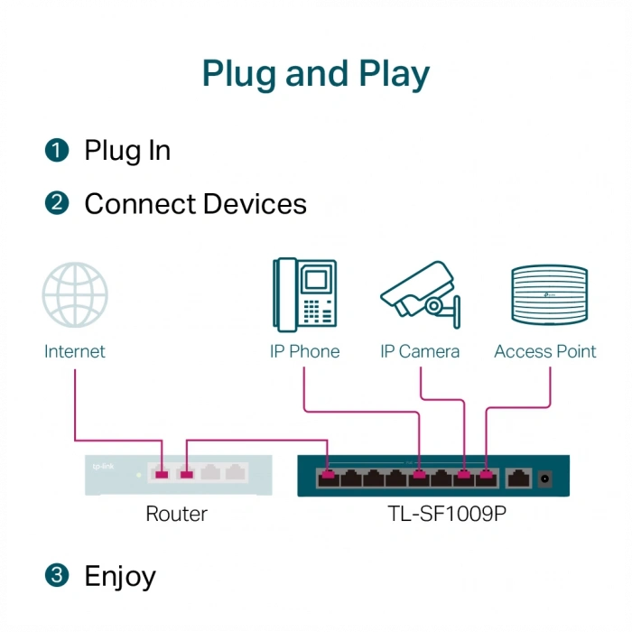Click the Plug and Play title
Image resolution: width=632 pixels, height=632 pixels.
(x=315, y=73)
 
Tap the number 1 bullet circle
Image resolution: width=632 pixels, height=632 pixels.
(x=57, y=151)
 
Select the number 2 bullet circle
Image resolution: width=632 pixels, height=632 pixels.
(x=57, y=204)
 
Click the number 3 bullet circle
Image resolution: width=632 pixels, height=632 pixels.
(x=57, y=574)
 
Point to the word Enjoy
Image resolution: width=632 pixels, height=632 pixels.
(x=120, y=575)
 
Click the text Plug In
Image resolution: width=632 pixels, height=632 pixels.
(x=127, y=151)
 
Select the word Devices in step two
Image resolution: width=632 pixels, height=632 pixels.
(x=254, y=204)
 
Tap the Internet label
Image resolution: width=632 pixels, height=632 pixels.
(x=75, y=352)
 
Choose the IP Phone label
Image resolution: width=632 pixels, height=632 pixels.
(x=305, y=352)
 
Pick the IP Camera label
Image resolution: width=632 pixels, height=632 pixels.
(x=420, y=352)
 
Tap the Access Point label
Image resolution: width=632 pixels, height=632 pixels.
(x=545, y=352)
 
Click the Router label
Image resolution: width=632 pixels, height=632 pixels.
(x=177, y=514)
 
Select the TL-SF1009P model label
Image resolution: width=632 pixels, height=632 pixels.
(x=433, y=514)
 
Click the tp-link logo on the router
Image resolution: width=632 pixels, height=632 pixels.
(x=104, y=467)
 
